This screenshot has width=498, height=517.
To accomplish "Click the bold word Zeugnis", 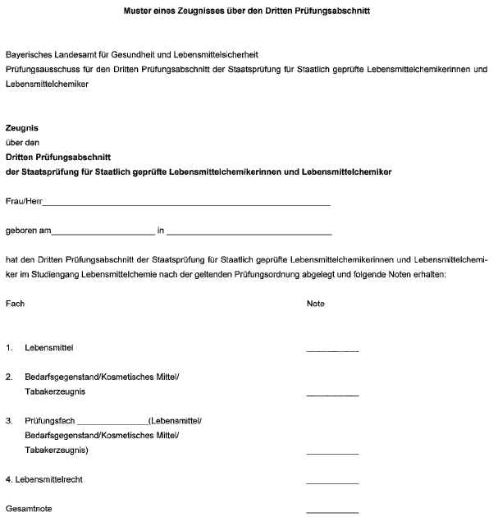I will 21,129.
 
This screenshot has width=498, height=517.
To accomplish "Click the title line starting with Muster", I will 248,12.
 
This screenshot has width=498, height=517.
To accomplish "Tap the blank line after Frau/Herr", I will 186,203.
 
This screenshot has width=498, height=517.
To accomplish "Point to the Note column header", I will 315,304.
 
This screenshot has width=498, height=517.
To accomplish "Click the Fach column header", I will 15,304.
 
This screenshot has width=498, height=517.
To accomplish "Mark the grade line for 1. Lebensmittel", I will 332,350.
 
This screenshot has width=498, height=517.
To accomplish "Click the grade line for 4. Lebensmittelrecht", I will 332,483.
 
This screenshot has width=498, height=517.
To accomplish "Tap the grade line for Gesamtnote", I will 332,512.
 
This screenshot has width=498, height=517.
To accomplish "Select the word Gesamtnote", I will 29,510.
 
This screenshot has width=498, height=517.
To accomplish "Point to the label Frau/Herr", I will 23,201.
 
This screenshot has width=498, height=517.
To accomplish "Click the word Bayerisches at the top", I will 26,54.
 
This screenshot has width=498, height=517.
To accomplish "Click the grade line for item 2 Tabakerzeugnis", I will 332,395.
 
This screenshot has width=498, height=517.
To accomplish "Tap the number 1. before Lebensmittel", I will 9,348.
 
